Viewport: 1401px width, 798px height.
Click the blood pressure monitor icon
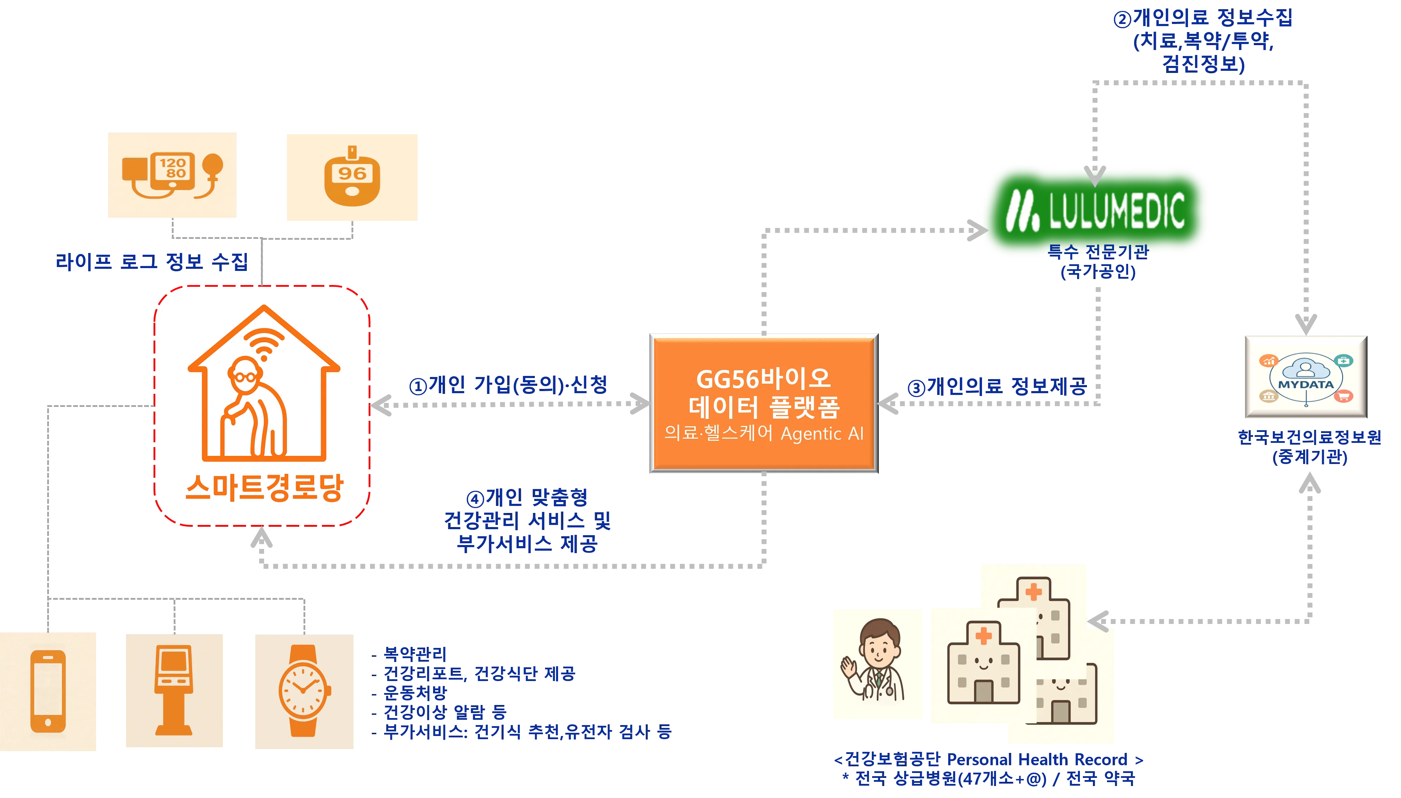(x=172, y=175)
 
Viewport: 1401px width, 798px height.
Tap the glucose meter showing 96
(x=352, y=177)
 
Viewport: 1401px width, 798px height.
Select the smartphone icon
(x=48, y=691)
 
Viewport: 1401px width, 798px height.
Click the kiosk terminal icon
(x=174, y=691)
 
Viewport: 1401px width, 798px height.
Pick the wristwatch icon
(x=304, y=691)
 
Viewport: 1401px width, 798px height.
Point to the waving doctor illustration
(x=876, y=665)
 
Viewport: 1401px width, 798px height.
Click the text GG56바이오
(x=763, y=379)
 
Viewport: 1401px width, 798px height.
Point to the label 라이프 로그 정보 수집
(x=152, y=262)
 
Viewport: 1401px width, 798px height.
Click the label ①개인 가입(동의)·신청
(x=509, y=385)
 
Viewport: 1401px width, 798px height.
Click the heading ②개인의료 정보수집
(x=1203, y=18)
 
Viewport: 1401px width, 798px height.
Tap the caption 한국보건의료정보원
(x=1309, y=437)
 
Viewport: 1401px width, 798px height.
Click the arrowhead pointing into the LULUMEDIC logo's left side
(x=976, y=230)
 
